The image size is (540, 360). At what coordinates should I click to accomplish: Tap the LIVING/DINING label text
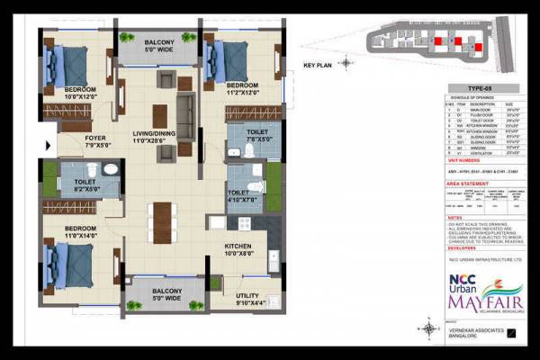click(x=153, y=136)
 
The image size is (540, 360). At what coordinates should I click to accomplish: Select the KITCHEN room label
click(x=238, y=249)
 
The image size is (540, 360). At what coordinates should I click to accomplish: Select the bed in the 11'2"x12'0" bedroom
click(x=229, y=61)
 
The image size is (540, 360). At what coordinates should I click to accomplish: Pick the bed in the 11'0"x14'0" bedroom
click(x=73, y=262)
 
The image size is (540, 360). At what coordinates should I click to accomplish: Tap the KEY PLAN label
click(x=319, y=66)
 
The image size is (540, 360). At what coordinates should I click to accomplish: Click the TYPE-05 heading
click(x=481, y=88)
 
